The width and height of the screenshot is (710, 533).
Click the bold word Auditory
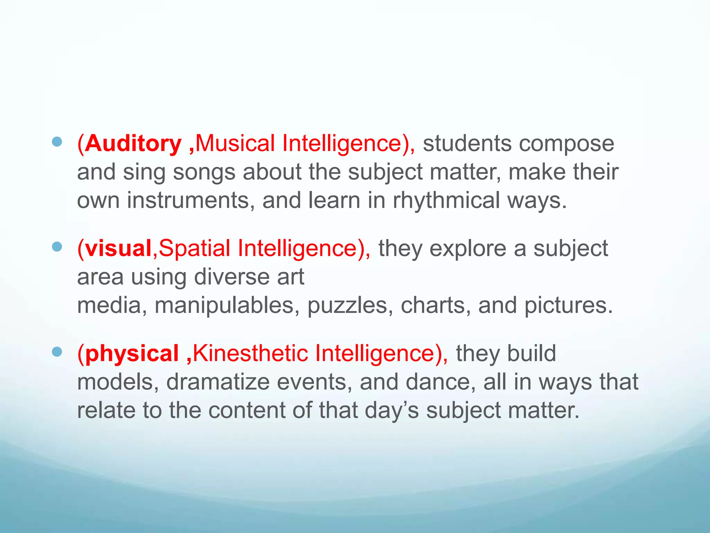pos(133,144)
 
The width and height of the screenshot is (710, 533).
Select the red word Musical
pos(235,143)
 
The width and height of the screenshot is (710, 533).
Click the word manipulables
pos(224,306)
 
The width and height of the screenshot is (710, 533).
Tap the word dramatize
pos(218,382)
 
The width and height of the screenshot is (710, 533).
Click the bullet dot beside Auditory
pos(57,142)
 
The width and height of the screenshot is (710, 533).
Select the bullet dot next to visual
pos(57,247)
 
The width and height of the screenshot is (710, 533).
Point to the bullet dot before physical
pos(57,352)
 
